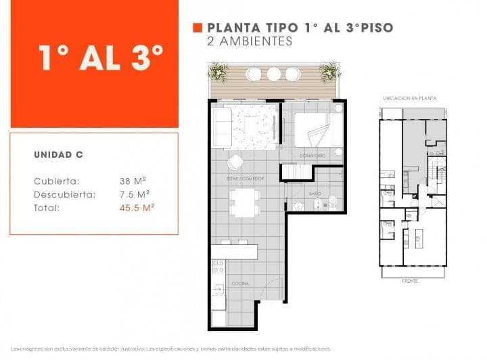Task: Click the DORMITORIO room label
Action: [x=312, y=156]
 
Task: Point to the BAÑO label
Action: [x=315, y=194]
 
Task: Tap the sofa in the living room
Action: [x=222, y=125]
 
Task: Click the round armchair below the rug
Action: [x=235, y=162]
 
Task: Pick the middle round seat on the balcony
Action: [x=273, y=74]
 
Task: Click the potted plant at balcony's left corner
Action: [x=218, y=71]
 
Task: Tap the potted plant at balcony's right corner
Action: [x=329, y=71]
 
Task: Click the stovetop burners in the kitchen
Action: [x=218, y=269]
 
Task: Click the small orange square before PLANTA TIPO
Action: [x=198, y=28]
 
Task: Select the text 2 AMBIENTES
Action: [x=249, y=41]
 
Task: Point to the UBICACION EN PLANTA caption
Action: [x=410, y=98]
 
